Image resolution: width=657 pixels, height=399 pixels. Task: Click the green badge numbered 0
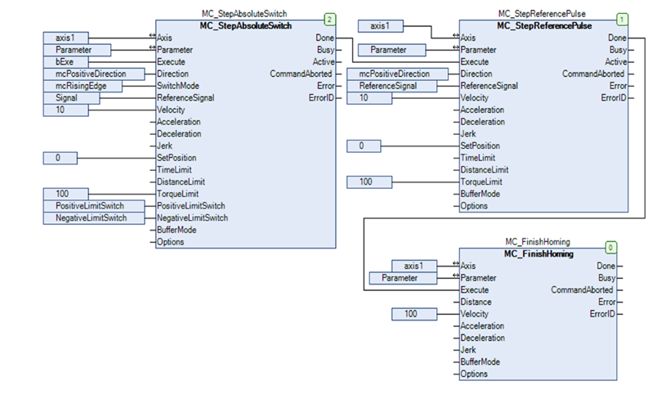click(610, 246)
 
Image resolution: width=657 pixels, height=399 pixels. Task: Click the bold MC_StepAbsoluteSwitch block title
click(246, 26)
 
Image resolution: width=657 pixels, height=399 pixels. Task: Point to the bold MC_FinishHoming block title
click(539, 254)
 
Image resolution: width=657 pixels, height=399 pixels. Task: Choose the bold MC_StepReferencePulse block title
click(545, 26)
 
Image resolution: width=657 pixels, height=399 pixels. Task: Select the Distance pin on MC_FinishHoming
click(476, 302)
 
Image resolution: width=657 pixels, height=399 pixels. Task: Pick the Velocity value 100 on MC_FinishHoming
click(415, 313)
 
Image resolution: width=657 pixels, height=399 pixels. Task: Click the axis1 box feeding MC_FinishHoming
click(415, 266)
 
